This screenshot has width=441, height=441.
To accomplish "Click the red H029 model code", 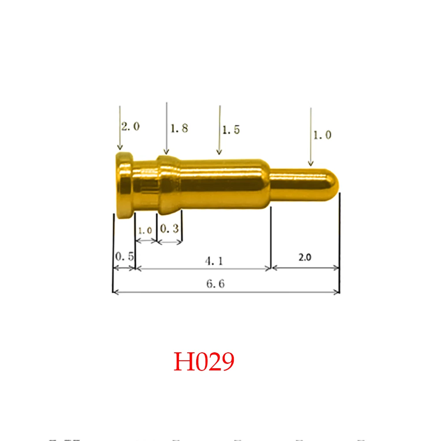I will (x=203, y=362).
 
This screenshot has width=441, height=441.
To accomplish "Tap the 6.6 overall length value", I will (x=215, y=284).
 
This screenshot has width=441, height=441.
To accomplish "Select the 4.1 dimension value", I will (x=214, y=261).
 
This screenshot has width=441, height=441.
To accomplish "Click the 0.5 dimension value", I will (x=124, y=256).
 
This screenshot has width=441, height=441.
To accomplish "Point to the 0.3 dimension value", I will (x=169, y=228).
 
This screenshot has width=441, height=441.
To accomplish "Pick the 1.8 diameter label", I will (x=179, y=128).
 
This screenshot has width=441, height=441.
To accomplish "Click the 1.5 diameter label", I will (x=231, y=130).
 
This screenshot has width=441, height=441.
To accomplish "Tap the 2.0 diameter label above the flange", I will (x=130, y=127).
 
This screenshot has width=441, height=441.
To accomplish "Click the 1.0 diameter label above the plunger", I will (x=322, y=135).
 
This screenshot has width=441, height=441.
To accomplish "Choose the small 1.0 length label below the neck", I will (x=145, y=230).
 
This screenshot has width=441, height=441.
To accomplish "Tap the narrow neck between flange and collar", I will (x=146, y=185).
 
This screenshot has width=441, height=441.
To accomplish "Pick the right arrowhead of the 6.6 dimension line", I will (x=337, y=292).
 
